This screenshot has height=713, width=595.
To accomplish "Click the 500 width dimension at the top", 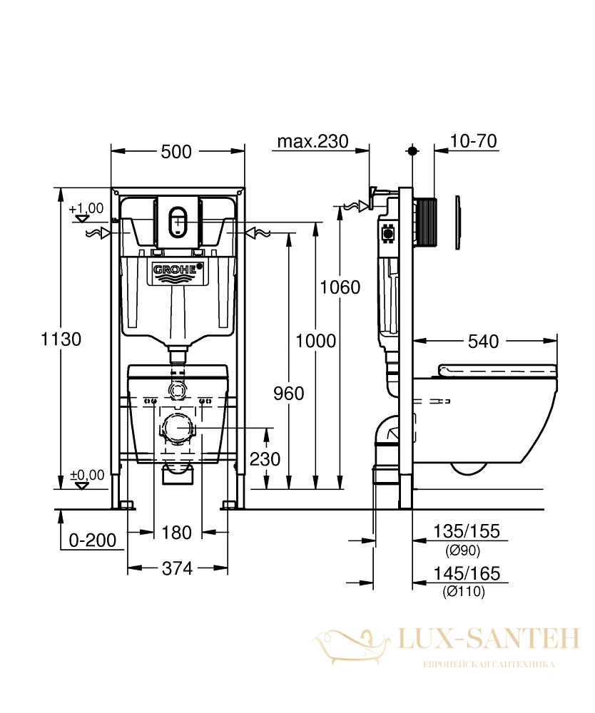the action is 176,151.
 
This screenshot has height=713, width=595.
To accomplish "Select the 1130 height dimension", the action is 61,339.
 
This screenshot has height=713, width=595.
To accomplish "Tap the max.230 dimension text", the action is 312,141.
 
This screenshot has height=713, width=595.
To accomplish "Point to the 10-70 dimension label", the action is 473,141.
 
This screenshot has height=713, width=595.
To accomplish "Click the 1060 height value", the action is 340,287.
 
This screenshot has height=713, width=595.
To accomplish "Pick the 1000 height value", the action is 316,341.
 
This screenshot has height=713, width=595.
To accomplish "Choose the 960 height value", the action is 288,394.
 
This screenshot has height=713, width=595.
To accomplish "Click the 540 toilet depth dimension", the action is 483,341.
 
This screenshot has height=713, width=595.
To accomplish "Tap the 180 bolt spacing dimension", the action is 176,532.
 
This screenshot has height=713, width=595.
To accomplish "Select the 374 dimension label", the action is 177,568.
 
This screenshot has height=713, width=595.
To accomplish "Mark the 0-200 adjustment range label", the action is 92,540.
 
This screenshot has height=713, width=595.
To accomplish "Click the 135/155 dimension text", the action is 466,531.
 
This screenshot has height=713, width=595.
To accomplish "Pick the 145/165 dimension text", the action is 467,573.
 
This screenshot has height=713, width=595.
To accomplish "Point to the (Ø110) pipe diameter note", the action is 464,592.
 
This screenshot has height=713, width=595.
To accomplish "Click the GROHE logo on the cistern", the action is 178,270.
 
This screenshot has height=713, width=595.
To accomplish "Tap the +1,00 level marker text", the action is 86,208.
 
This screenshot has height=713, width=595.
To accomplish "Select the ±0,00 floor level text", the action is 87,475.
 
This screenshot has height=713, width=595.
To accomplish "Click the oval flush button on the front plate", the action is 178,222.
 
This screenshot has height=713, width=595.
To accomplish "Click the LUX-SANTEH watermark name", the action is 489,639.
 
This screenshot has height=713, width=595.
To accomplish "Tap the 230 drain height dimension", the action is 265,459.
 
